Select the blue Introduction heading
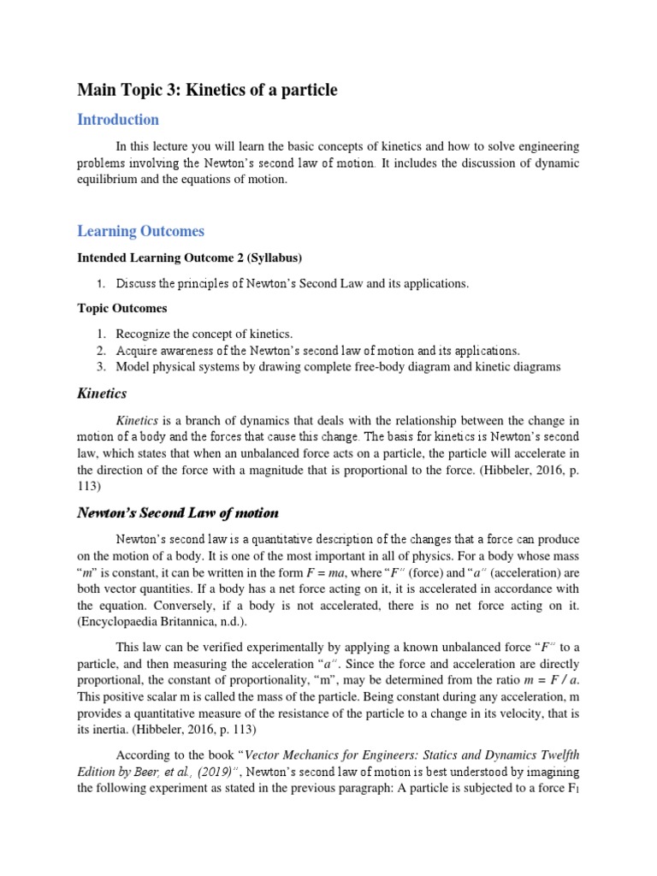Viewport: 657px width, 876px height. [118, 120]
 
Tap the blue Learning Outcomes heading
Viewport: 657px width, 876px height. [140, 231]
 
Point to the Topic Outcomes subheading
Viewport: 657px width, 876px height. [122, 308]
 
